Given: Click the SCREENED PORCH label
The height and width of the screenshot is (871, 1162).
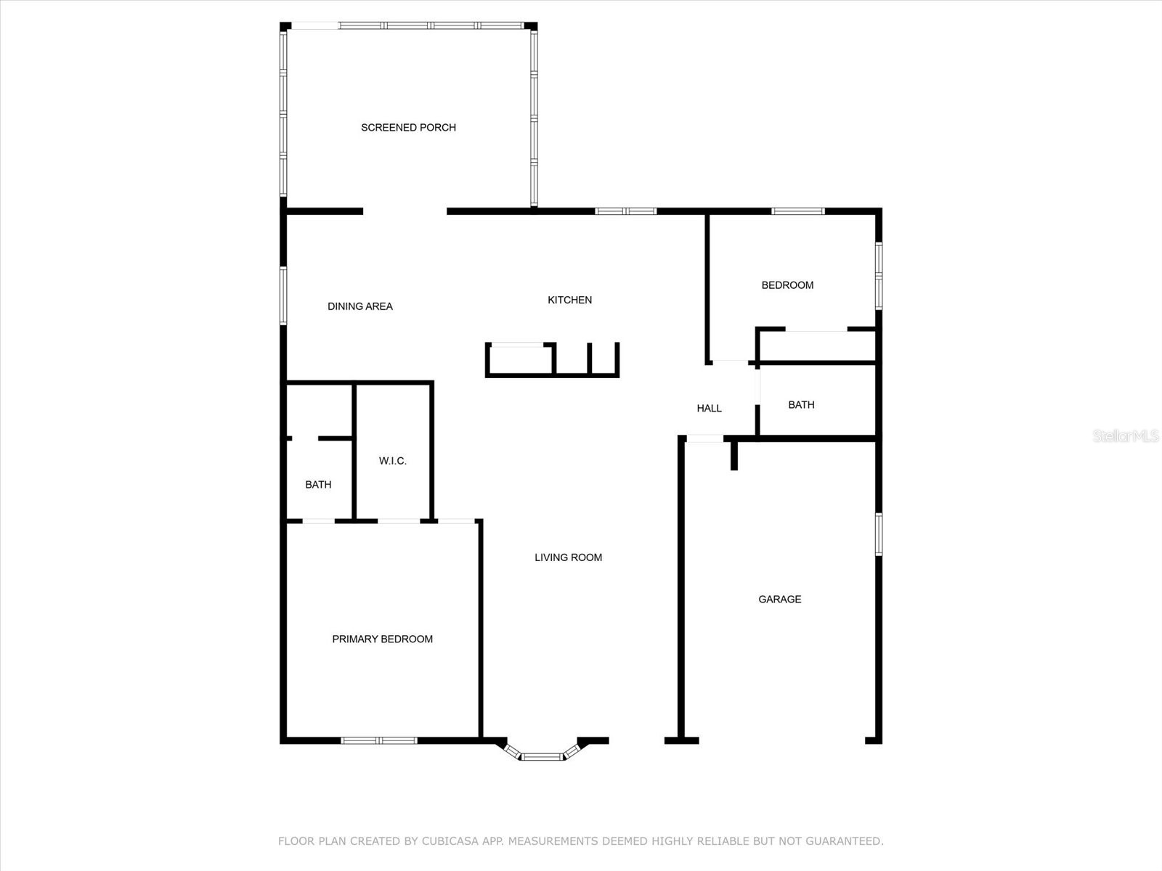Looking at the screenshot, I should [408, 128].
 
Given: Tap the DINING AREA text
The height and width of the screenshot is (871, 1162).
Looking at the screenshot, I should [359, 306].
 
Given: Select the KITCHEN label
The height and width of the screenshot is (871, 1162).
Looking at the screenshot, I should [569, 300].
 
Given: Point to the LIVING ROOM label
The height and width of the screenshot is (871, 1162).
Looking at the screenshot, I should [568, 557].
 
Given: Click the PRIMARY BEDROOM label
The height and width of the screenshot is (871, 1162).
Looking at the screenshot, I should [382, 639].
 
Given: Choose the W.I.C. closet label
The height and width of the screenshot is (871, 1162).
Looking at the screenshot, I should [392, 461].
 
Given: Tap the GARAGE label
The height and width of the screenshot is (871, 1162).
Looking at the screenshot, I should [779, 599].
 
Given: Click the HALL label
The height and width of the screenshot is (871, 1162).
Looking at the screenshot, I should [709, 408].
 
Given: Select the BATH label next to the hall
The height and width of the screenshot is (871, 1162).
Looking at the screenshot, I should [801, 404].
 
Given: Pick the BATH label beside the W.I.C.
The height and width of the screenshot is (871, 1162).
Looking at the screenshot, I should [318, 484].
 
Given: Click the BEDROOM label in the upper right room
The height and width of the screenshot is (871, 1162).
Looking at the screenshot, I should [787, 285].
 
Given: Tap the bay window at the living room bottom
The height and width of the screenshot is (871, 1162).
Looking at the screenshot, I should [543, 756].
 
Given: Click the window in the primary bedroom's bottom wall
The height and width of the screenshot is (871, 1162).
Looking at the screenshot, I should [379, 740].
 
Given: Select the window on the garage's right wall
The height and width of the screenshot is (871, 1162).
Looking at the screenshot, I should [878, 534].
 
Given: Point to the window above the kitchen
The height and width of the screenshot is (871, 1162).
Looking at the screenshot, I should [625, 211].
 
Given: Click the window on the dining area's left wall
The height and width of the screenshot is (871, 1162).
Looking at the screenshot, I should [283, 295].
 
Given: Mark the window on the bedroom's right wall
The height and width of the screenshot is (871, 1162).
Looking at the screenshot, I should [878, 276].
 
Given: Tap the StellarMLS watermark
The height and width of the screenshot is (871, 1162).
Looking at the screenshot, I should [1125, 435].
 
